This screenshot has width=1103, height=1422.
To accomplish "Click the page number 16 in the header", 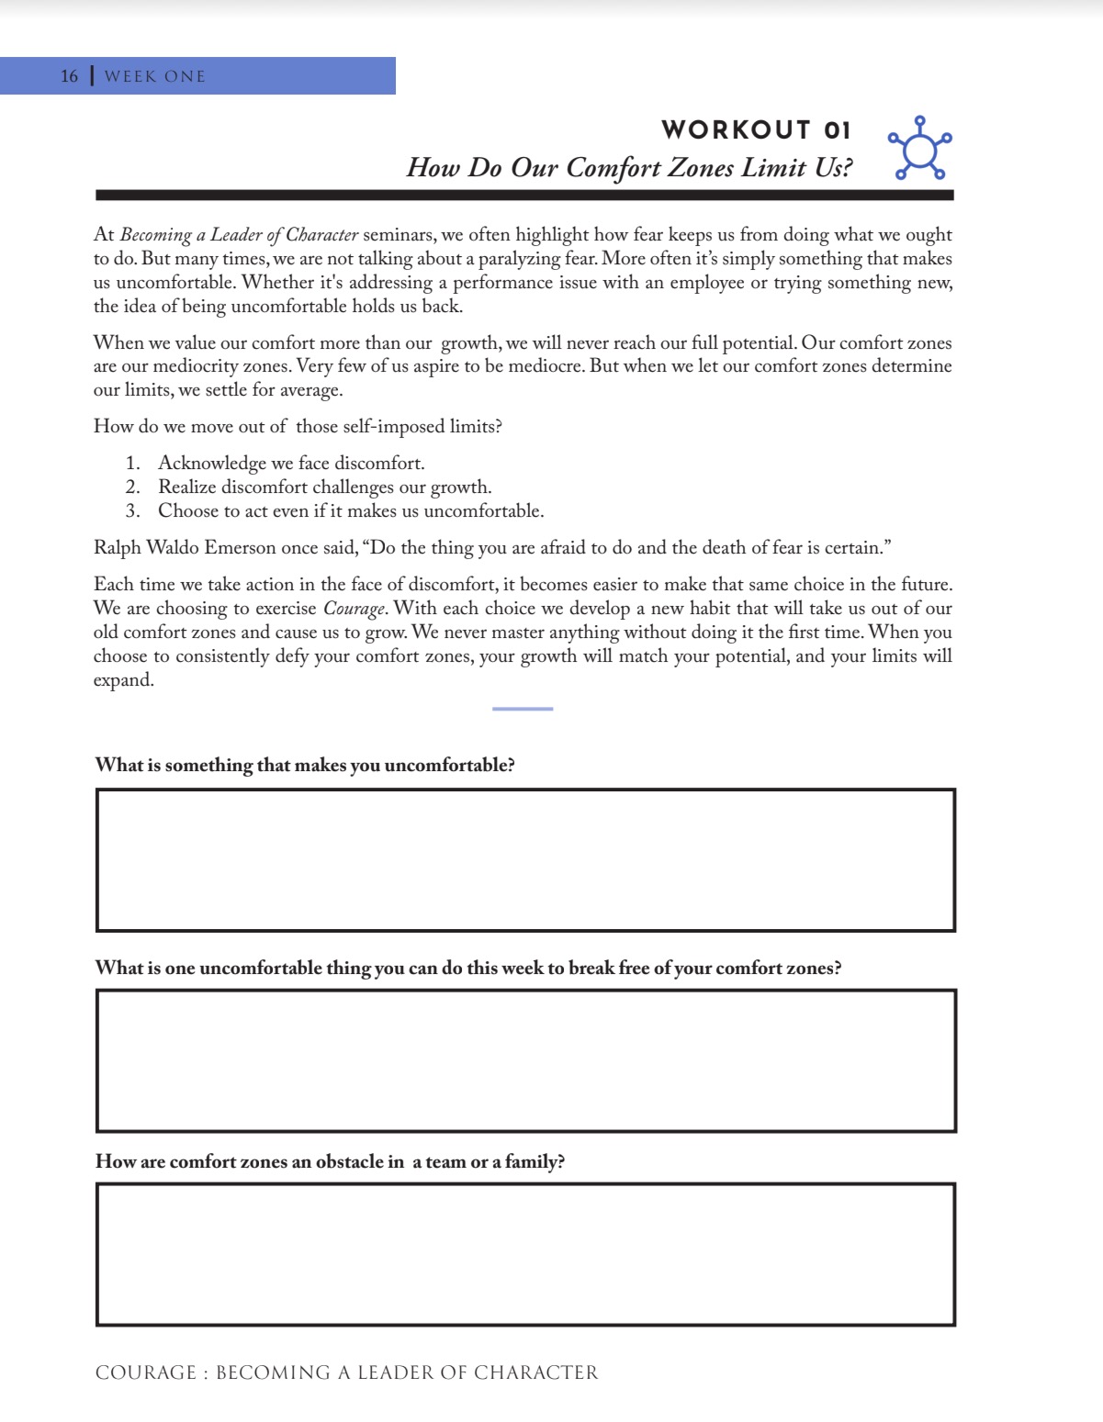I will [x=70, y=76].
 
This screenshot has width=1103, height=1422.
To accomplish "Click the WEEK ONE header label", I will [x=155, y=76].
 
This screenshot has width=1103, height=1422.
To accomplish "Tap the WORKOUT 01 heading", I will [x=756, y=129].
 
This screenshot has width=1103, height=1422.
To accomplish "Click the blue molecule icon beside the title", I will [x=919, y=149].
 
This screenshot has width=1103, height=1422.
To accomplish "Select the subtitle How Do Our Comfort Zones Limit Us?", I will [x=629, y=167].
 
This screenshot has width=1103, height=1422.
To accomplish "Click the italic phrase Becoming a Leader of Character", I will [x=239, y=235].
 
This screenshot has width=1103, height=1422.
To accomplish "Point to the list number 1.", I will [x=132, y=464].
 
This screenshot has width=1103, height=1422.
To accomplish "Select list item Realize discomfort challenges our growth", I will [x=324, y=487].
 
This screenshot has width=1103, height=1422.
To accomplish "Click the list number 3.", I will [x=132, y=511].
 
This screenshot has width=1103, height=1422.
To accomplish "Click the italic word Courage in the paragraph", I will [x=355, y=609].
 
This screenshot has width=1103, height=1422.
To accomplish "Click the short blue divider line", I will [x=523, y=709].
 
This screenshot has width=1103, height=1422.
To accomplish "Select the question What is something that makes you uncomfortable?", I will [x=305, y=766].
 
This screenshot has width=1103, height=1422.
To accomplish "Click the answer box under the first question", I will [x=525, y=860].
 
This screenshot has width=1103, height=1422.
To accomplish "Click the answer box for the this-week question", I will [x=525, y=1060].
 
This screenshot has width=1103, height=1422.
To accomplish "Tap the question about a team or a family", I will [x=330, y=1162].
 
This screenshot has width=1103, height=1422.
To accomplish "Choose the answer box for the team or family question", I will [x=525, y=1254].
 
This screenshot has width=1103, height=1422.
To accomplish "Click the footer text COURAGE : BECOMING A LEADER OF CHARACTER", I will [x=346, y=1372].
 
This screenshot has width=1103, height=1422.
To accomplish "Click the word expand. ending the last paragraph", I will [x=123, y=680].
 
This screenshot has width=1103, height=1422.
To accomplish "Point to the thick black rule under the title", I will [x=524, y=195].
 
